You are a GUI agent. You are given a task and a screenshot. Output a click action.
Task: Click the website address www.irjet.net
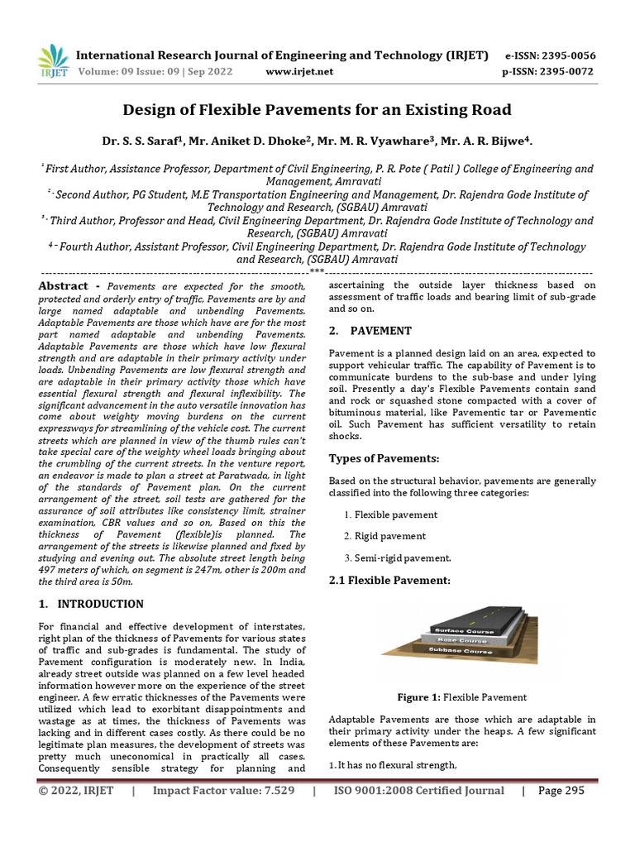pyautogui.click(x=299, y=72)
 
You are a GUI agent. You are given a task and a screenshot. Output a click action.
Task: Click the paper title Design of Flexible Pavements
pyautogui.click(x=317, y=109)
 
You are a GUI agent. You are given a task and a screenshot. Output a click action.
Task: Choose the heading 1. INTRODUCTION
pyautogui.click(x=92, y=604)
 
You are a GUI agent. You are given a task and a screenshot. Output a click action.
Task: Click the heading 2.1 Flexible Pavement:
pyautogui.click(x=389, y=581)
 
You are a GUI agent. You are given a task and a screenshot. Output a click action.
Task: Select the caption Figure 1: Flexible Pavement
pyautogui.click(x=461, y=697)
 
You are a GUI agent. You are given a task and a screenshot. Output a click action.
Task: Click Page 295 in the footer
pyautogui.click(x=561, y=791)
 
